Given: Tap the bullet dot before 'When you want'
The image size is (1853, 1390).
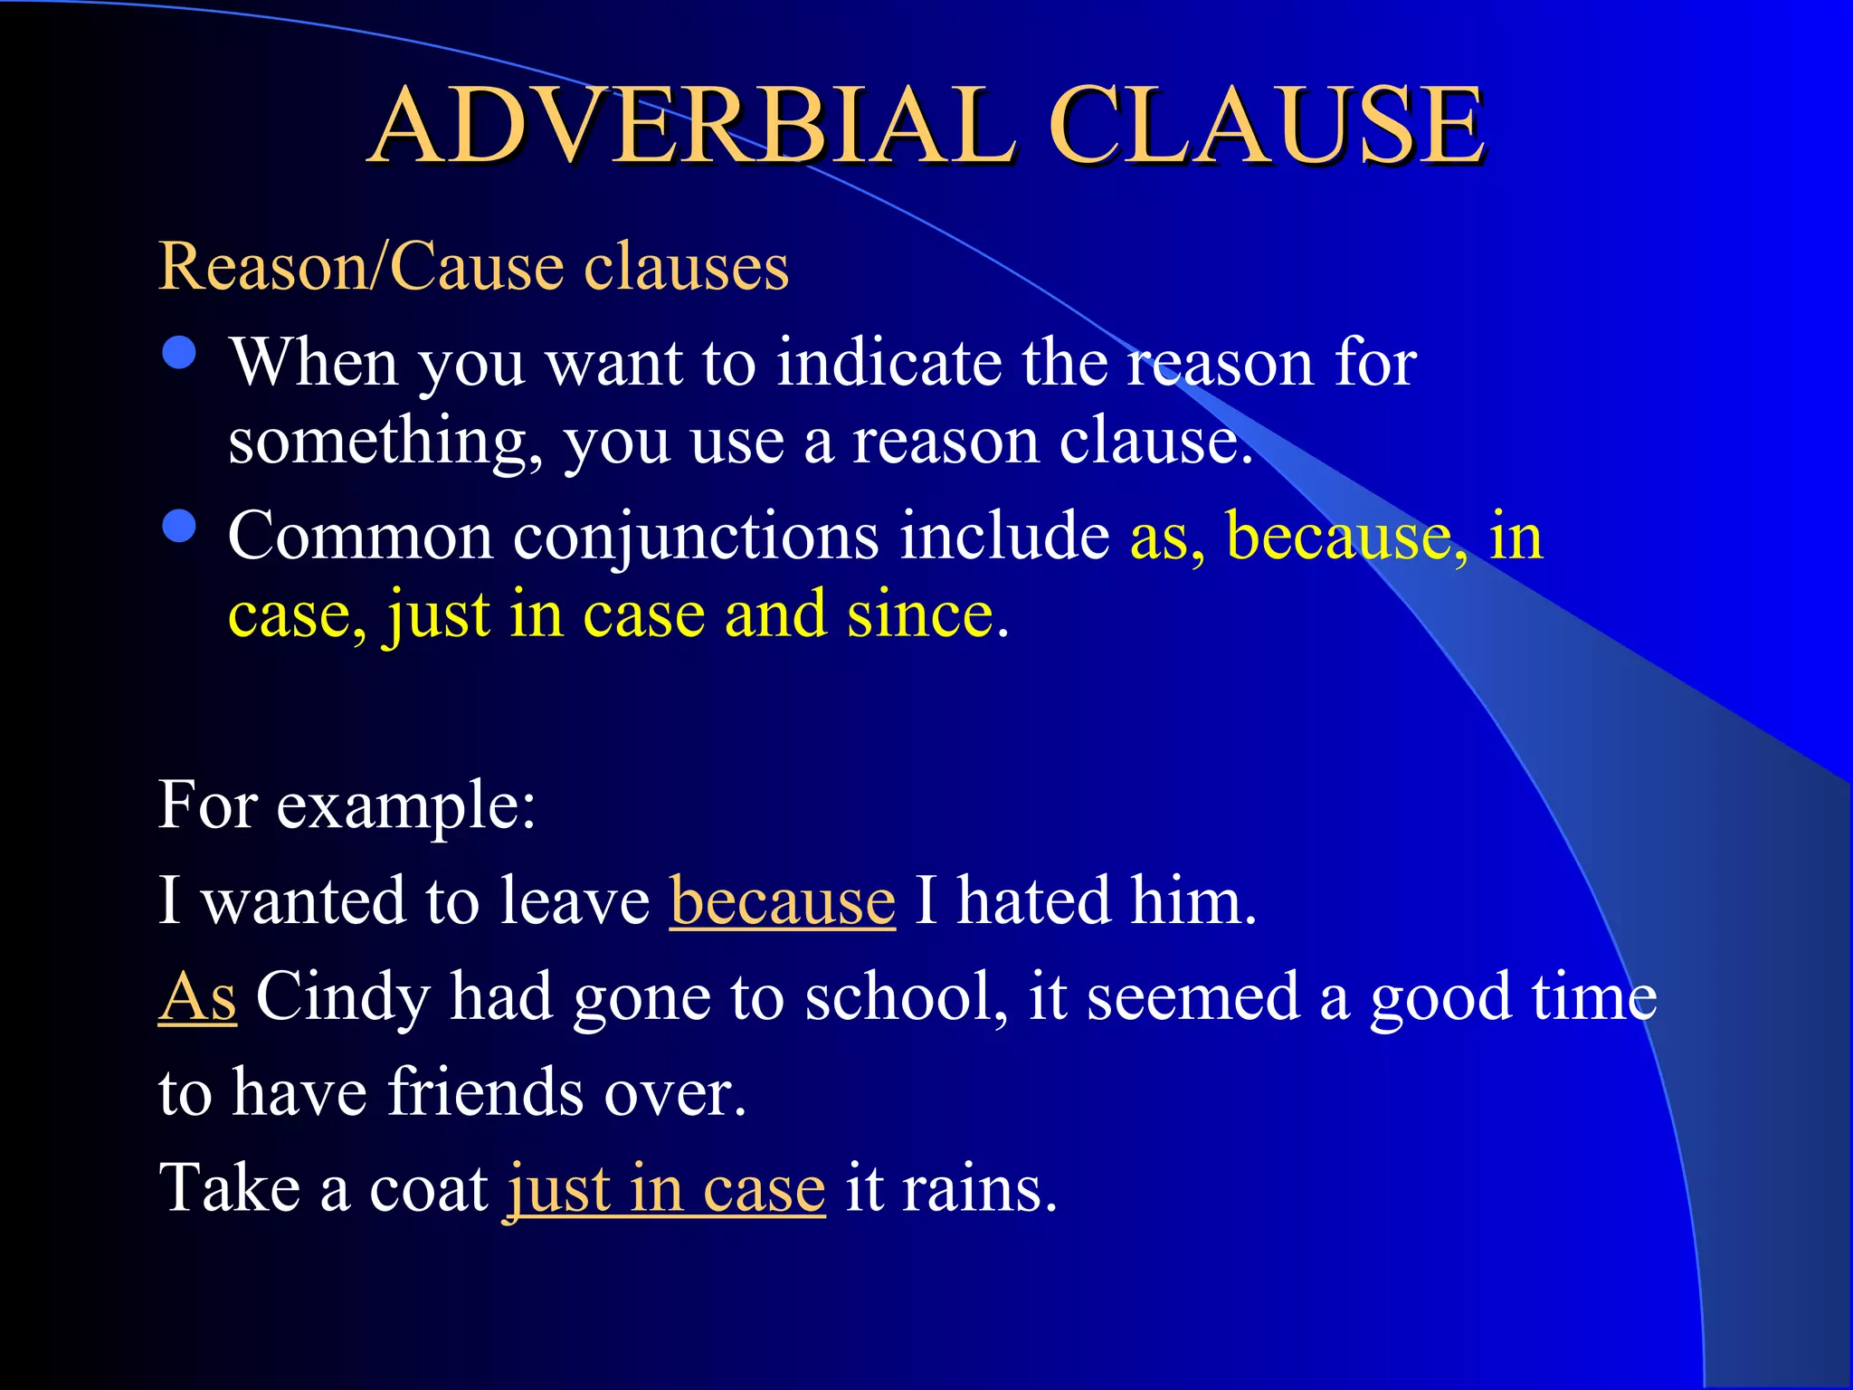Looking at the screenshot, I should click(x=180, y=354).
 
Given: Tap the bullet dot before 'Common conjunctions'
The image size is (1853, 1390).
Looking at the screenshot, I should click(x=180, y=527).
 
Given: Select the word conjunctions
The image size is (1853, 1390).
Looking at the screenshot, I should click(x=696, y=536).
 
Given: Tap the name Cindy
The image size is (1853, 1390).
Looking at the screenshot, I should click(x=343, y=996).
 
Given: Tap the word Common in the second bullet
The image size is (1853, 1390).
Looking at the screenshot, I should click(x=361, y=536).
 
